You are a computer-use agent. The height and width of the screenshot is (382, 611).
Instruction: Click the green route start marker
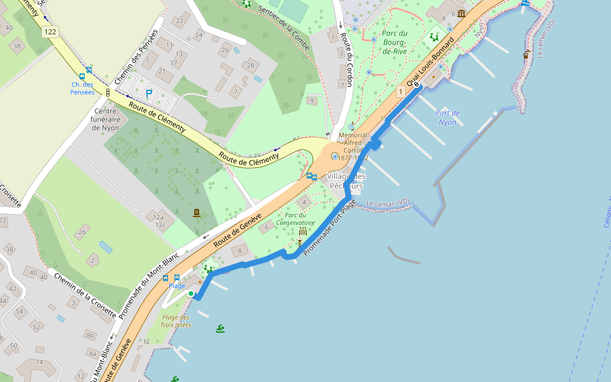point(190,294)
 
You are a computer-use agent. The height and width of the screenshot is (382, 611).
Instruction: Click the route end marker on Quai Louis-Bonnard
point(416,85)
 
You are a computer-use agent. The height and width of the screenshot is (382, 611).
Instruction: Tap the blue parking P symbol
point(149,94)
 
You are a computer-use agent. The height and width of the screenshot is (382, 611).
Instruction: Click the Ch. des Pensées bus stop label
point(82,88)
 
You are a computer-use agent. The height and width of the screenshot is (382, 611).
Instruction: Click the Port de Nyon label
point(447,118)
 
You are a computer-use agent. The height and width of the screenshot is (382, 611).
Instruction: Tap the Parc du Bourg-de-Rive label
point(395,42)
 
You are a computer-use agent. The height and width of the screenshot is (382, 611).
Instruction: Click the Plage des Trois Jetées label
point(176,321)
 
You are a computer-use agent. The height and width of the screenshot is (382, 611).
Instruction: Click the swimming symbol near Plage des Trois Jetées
point(220,329)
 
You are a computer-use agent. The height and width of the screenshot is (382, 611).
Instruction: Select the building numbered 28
point(251,66)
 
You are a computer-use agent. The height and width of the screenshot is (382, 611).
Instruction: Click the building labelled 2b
point(81,232)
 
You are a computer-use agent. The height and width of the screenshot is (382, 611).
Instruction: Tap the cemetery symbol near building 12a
point(196,213)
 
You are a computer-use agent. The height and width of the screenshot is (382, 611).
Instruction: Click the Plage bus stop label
point(176,286)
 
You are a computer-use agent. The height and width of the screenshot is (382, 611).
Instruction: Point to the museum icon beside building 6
point(461,13)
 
